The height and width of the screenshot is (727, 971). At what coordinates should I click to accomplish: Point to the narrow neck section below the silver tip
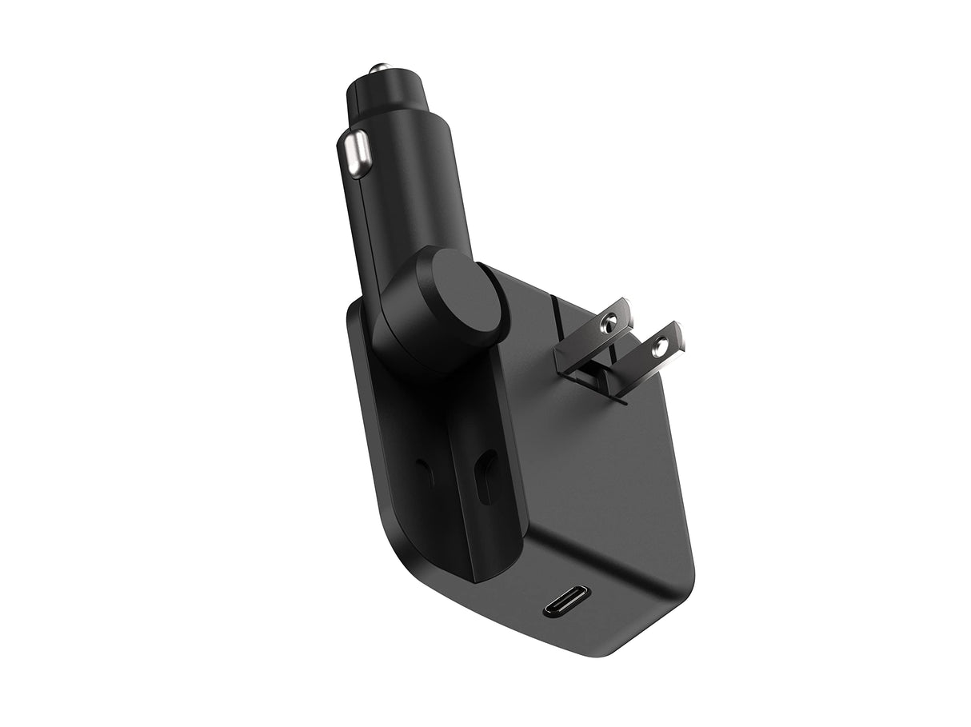tap(382, 88)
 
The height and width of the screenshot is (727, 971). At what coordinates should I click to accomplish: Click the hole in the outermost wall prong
tap(660, 346)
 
